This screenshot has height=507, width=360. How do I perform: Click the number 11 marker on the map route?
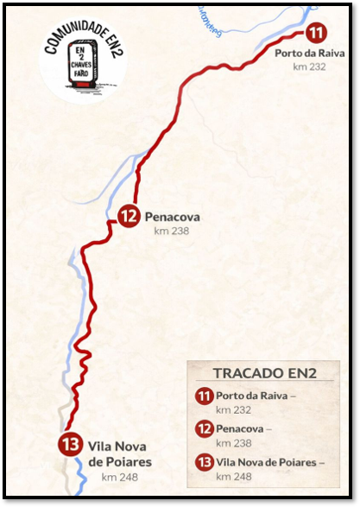click(x=317, y=34)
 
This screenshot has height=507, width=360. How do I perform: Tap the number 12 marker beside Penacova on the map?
click(x=129, y=217)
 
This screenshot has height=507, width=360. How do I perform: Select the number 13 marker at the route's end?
click(x=69, y=446)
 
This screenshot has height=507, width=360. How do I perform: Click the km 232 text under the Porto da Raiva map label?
click(x=309, y=67)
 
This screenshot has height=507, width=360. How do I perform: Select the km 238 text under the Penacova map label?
click(x=171, y=231)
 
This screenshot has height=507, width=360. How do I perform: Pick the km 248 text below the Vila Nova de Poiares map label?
click(x=118, y=476)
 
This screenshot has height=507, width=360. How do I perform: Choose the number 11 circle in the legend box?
click(x=205, y=396)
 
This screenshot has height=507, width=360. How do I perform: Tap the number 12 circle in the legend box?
click(x=205, y=428)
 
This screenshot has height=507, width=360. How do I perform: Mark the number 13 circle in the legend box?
click(x=205, y=461)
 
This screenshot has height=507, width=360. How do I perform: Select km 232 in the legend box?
click(x=233, y=410)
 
